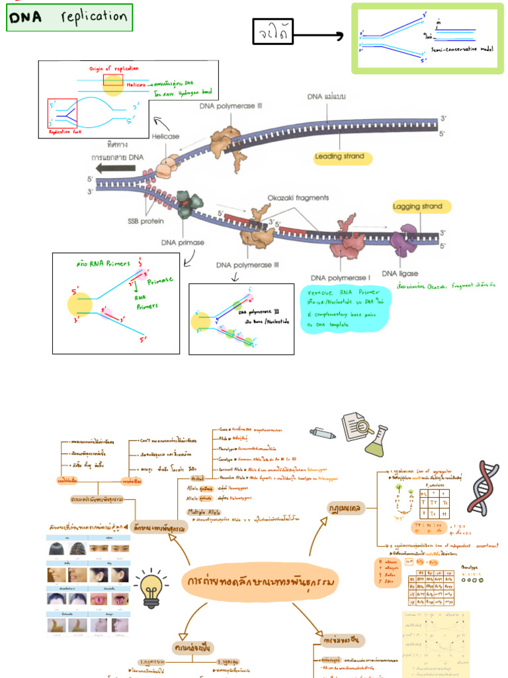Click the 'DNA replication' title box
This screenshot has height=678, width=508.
(69, 18)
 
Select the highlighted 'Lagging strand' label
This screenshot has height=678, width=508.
(421, 207)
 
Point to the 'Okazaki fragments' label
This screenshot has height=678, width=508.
(298, 197)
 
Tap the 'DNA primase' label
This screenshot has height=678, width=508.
(183, 242)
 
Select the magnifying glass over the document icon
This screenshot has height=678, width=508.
(357, 427)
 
